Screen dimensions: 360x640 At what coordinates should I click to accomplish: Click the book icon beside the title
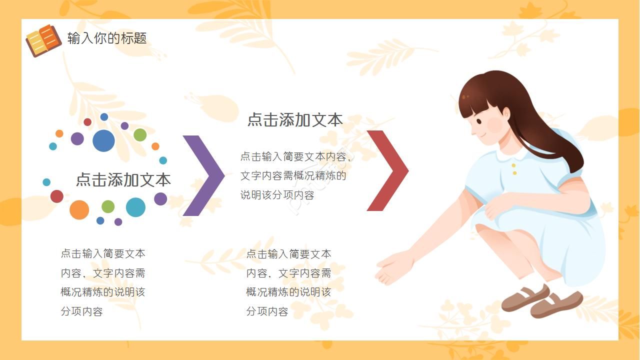click(43, 40)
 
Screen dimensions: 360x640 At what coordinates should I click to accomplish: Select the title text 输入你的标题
click(107, 38)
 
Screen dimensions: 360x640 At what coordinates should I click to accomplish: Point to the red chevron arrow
click(388, 170)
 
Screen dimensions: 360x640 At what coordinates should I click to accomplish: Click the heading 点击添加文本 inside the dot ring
click(123, 179)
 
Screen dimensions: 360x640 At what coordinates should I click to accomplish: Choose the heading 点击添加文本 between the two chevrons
click(295, 120)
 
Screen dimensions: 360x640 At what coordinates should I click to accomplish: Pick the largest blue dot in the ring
click(103, 140)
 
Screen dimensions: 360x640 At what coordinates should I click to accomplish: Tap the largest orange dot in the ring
click(79, 210)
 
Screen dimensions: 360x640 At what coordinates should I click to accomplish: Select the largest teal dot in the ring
click(135, 207)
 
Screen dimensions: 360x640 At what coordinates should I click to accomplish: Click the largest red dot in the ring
click(57, 196)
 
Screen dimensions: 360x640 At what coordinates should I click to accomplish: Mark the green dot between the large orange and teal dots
click(108, 206)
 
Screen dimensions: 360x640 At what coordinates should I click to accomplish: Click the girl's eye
click(478, 121)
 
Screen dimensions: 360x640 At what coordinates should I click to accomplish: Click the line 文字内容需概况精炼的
click(293, 176)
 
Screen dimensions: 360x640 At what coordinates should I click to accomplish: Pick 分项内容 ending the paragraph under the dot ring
click(82, 311)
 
